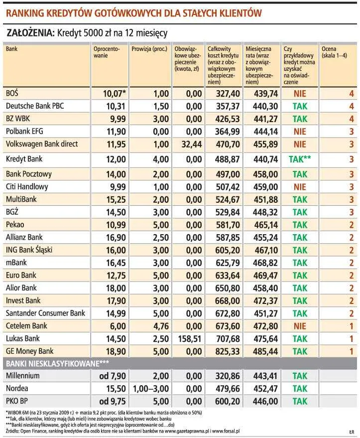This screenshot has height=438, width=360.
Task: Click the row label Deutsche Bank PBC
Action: tap(34, 106)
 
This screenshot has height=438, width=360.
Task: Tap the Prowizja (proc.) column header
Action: tap(149, 49)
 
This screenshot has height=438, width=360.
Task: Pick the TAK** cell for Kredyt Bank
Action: tap(300, 159)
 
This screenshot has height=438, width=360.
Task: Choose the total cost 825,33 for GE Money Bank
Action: tap(227, 351)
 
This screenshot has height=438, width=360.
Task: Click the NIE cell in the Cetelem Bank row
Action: tap(300, 326)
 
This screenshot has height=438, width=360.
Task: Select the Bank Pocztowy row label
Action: tap(28, 174)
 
